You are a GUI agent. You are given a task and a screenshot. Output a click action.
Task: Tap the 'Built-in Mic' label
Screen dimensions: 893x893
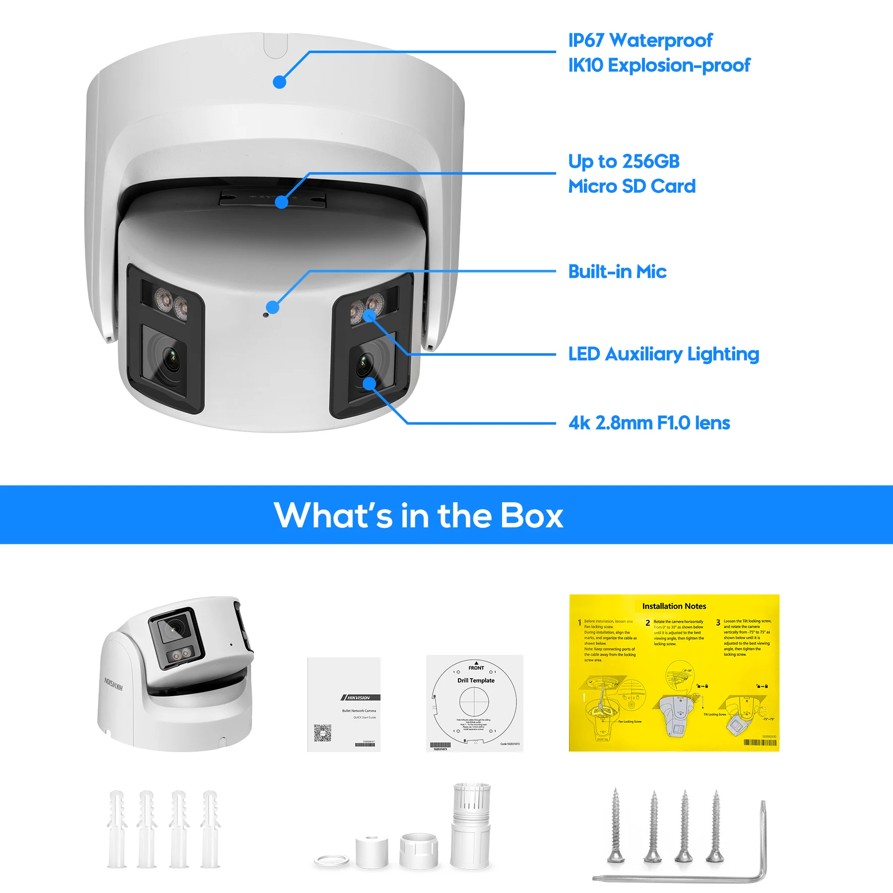click(617, 272)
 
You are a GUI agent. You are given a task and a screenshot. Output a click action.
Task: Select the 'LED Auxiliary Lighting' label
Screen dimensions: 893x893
click(663, 354)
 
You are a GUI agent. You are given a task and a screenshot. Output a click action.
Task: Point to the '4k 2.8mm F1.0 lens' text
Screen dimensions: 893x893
click(649, 423)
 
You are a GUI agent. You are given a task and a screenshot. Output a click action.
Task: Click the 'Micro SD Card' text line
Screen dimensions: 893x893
click(632, 187)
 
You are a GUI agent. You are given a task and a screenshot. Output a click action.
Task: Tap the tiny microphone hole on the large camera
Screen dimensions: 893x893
click(265, 315)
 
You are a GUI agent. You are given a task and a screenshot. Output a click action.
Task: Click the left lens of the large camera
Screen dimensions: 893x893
click(170, 357)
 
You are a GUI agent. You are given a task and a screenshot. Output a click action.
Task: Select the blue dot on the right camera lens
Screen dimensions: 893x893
click(370, 383)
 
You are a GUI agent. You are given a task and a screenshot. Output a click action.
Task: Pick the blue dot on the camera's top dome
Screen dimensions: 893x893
click(280, 82)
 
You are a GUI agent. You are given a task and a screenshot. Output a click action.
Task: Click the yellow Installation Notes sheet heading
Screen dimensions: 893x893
click(674, 606)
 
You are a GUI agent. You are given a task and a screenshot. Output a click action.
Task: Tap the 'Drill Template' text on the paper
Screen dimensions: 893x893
click(476, 681)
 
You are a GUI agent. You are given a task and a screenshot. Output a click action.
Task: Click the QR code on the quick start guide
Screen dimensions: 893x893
click(322, 733)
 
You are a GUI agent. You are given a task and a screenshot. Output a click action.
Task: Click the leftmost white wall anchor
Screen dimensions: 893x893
click(117, 829)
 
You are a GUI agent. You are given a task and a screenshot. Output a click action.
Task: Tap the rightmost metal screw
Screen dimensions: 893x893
click(715, 826)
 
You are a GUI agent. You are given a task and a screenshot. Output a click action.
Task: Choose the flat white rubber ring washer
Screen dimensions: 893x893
click(331, 860)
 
